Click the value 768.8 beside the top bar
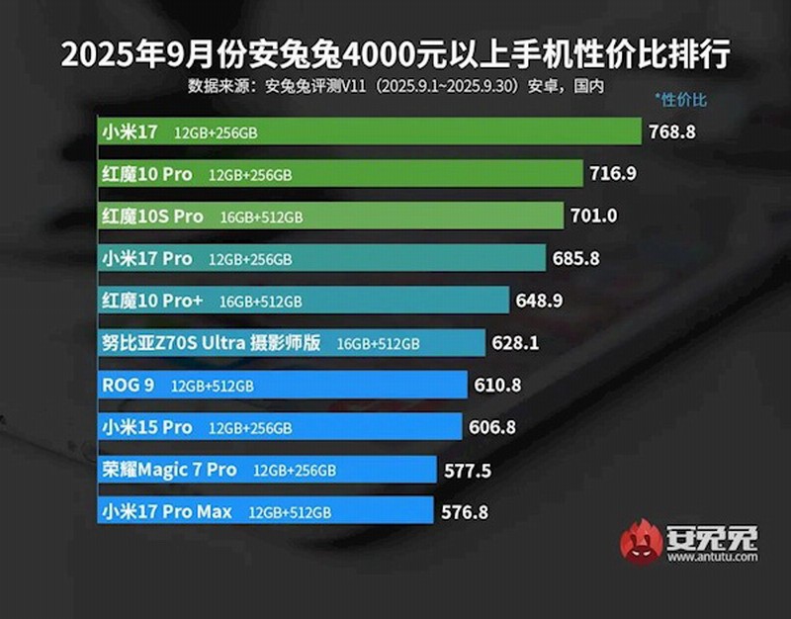click(x=676, y=131)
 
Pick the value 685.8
click(x=580, y=259)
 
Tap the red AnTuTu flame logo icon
click(x=641, y=541)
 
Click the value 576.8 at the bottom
click(x=468, y=512)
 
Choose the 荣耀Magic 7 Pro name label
click(x=169, y=470)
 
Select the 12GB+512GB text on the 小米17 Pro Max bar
click(x=290, y=513)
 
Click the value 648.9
click(x=544, y=301)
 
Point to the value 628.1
click(x=522, y=343)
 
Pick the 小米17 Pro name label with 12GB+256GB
click(x=146, y=258)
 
